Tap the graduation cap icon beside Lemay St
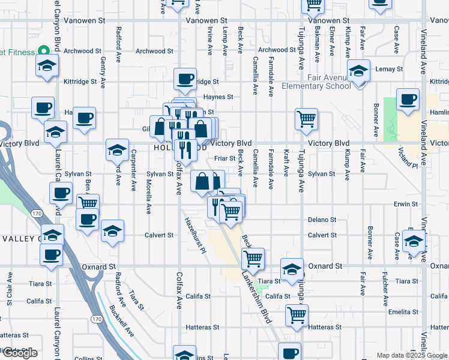(358, 72)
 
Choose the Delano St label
(322, 220)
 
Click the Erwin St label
(406, 204)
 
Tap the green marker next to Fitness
(43, 52)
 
